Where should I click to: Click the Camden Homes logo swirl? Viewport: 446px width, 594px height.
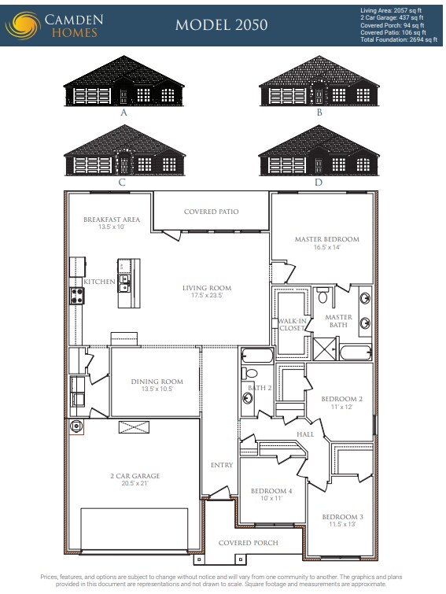21,24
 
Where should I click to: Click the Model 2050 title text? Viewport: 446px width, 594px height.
221,24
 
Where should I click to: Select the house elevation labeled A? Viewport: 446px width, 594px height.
123,85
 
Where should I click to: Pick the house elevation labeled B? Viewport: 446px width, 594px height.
319,85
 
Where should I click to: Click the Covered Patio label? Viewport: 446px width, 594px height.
211,212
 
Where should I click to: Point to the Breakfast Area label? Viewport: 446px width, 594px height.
112,220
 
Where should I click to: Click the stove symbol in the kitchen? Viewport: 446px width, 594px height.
78,295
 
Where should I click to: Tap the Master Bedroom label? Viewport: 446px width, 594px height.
326,239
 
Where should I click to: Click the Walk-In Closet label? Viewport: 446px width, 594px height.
292,324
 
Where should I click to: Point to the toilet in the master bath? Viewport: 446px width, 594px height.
323,297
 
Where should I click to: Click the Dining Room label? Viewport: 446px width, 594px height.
157,382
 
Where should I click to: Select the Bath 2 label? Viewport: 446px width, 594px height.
260,388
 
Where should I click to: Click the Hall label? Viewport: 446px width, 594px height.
306,434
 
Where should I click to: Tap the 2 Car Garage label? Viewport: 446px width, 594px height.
135,476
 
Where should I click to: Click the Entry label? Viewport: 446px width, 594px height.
222,465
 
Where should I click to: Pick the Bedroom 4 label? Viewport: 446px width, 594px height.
271,491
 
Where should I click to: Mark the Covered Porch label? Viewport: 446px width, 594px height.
248,543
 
